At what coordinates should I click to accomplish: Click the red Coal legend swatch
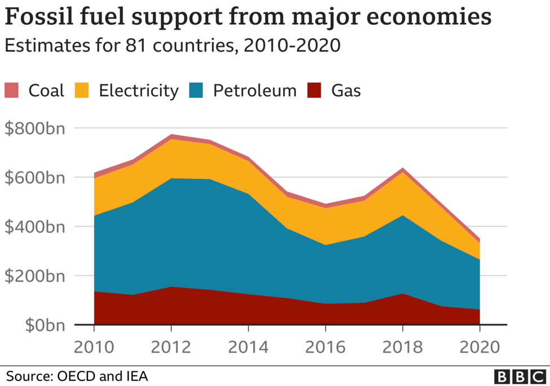[12, 90]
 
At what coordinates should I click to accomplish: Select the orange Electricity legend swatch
[83, 90]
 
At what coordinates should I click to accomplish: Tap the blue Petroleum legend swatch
[197, 90]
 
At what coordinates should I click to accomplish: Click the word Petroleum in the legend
[254, 90]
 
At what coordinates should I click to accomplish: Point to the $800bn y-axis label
[35, 128]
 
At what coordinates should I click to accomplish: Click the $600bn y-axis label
[35, 177]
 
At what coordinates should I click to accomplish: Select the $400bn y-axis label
[35, 227]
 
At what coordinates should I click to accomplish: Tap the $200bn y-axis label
[35, 276]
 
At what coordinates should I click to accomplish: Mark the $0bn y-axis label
[43, 325]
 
